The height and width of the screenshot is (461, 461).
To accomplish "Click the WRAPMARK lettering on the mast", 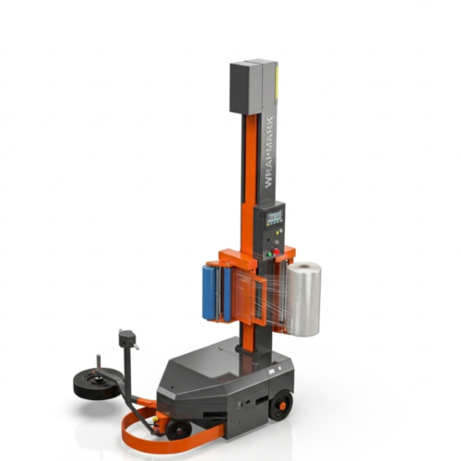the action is coord(268,152).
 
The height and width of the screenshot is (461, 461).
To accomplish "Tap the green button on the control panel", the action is coord(269,254).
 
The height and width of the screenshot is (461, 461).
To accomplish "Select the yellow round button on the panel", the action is coord(278,233).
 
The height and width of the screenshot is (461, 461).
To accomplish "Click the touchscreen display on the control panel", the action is coord(275,217).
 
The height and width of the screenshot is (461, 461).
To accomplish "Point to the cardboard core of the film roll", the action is coord(305,266).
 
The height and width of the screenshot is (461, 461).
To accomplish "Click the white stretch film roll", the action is coord(304,299).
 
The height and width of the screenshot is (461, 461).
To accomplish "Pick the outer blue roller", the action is coord(208,293).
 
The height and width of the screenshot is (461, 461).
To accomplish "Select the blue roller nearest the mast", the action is coord(228,294).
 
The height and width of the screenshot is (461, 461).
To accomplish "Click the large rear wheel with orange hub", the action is coord(280,405).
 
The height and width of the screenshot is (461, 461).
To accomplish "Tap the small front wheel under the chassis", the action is coord(179,430).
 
